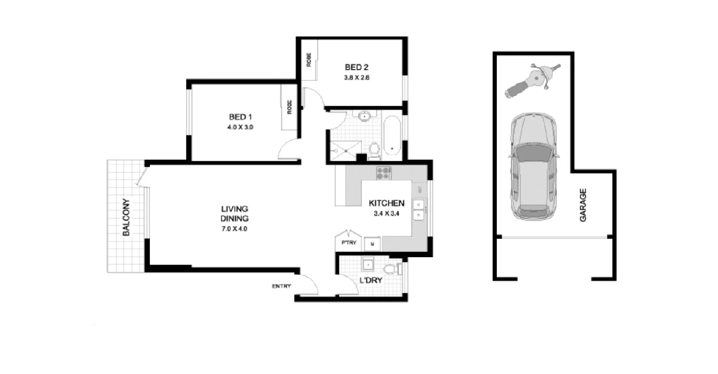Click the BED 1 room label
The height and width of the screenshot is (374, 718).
point(240,117)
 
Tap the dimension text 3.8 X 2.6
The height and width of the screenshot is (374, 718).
point(357,78)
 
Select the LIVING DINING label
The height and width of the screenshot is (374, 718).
point(234,214)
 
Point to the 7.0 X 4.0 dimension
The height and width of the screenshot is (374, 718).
point(234,228)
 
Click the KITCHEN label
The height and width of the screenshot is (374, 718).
point(386,203)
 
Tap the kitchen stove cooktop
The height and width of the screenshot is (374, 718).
point(384,173)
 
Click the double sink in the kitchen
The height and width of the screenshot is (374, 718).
point(419,210)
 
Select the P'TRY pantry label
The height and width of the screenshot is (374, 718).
point(349,243)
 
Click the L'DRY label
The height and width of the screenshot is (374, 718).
point(371,280)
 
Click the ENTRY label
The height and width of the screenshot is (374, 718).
point(281,286)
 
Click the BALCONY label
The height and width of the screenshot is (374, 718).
point(126,217)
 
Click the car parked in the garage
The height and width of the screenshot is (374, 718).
point(533,167)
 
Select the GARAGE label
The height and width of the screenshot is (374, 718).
point(583,205)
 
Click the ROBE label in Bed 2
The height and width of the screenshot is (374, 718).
point(309,60)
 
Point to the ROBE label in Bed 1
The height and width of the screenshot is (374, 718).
point(289,107)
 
